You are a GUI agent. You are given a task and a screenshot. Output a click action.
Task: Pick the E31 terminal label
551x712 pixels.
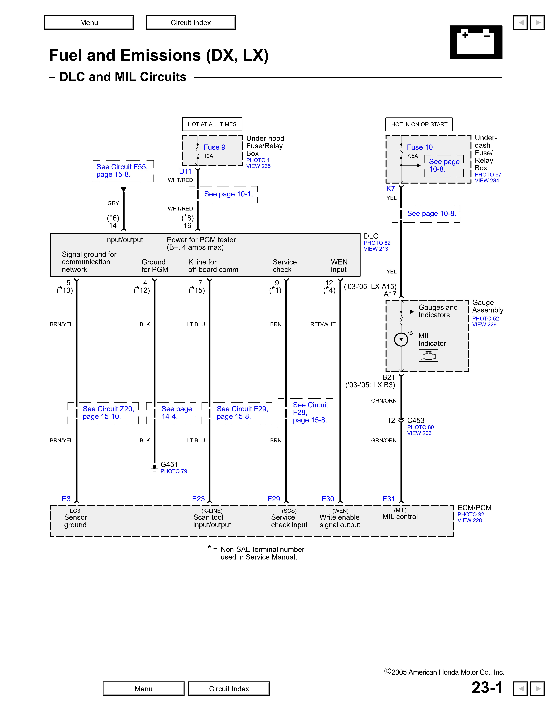pos(388,499)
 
